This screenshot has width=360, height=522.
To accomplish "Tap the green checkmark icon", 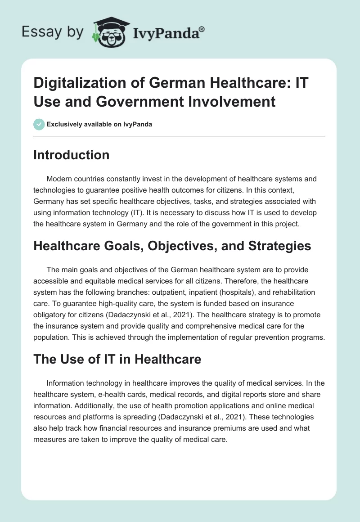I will pos(39,124).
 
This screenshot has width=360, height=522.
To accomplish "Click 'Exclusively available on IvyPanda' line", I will pos(99,124).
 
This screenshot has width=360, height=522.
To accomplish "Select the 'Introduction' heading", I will pos(72,155).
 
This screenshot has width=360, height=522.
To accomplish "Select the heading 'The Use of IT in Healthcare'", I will pos(117,359).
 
